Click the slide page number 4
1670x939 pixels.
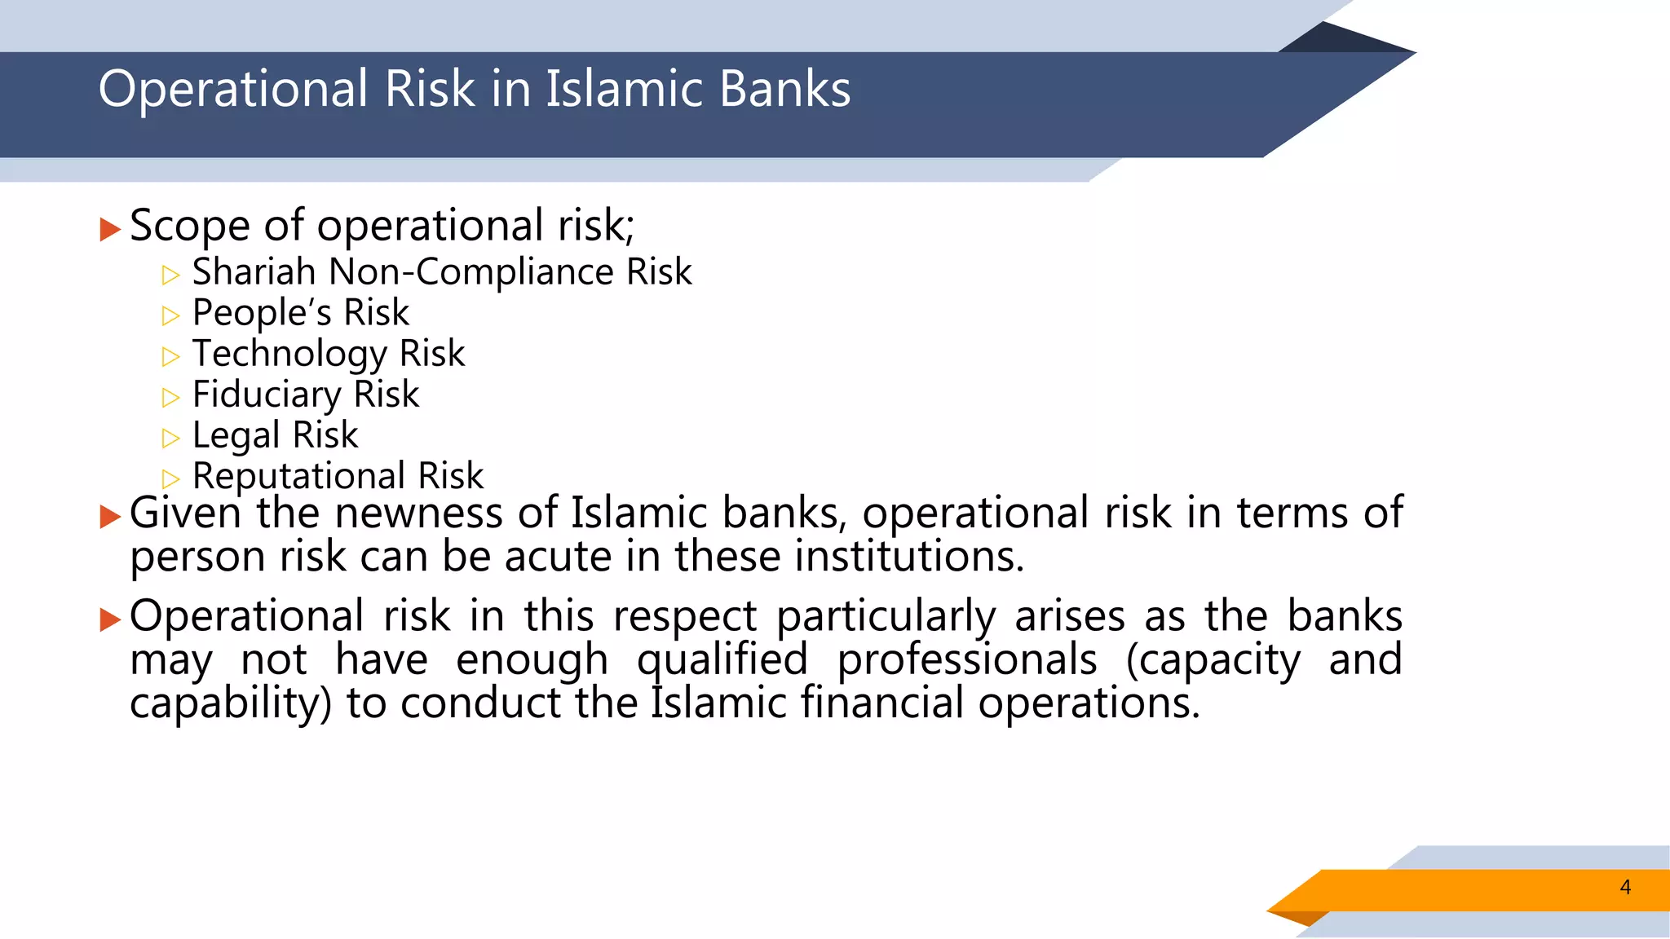1625,887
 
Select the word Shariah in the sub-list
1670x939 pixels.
254,271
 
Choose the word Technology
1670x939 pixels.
289,355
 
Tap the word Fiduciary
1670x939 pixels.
266,395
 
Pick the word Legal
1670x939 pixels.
236,436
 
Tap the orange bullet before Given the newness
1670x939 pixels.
109,516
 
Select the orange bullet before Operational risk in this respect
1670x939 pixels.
109,619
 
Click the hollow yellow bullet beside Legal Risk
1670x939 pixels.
170,439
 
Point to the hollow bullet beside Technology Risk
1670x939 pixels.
170,356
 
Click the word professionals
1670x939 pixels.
967,659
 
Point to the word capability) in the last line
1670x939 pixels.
231,703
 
